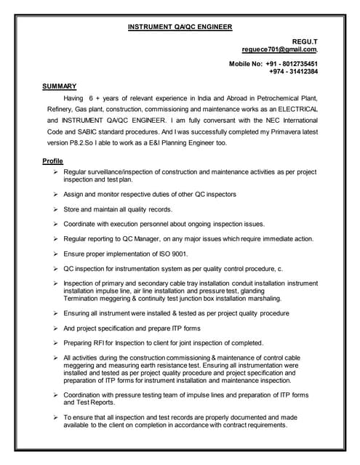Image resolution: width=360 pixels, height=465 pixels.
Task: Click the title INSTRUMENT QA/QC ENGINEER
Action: (x=180, y=27)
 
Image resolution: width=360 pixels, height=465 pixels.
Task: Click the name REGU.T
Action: (x=305, y=42)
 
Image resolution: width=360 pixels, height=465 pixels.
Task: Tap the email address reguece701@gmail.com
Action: (x=279, y=50)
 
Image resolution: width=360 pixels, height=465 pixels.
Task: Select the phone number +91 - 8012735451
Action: (x=291, y=64)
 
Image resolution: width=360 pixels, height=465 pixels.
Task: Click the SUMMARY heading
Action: (x=60, y=86)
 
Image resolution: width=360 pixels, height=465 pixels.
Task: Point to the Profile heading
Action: (x=53, y=161)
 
